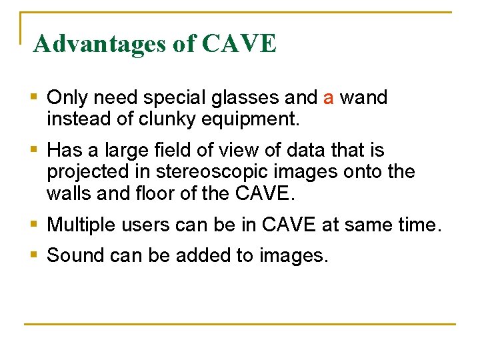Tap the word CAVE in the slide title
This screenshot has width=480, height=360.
(238, 44)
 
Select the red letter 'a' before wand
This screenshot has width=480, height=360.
(328, 99)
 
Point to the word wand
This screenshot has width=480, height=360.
(363, 99)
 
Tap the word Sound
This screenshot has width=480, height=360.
(74, 255)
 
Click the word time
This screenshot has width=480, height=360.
(418, 225)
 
